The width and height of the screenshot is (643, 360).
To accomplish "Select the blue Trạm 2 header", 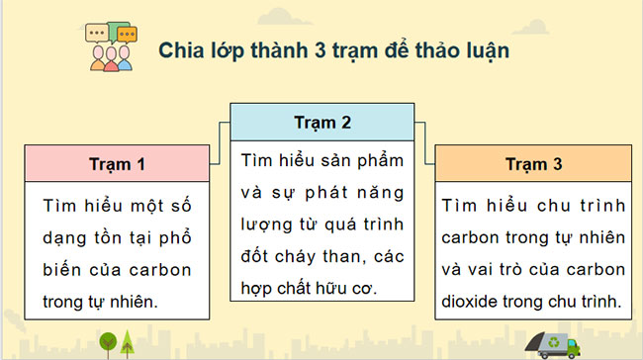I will point(322,123).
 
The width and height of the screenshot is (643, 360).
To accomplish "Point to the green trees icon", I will point(117,342).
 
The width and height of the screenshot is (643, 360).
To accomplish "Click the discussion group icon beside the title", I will point(110,48).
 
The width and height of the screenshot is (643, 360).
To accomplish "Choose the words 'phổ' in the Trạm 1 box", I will point(179,239).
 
